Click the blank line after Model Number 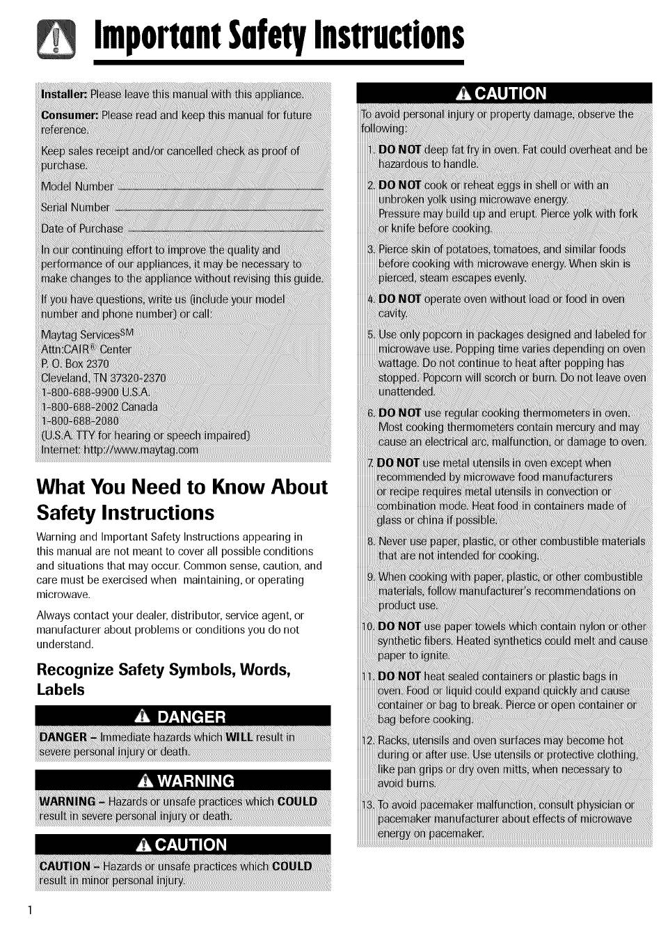click(x=221, y=188)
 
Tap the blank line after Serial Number click(x=218, y=209)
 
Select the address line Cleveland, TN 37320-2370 click(x=103, y=378)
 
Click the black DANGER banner click(x=183, y=716)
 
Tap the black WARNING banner click(x=183, y=780)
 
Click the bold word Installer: click(x=63, y=95)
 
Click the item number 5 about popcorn click(x=371, y=335)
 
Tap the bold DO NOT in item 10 click(x=399, y=627)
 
